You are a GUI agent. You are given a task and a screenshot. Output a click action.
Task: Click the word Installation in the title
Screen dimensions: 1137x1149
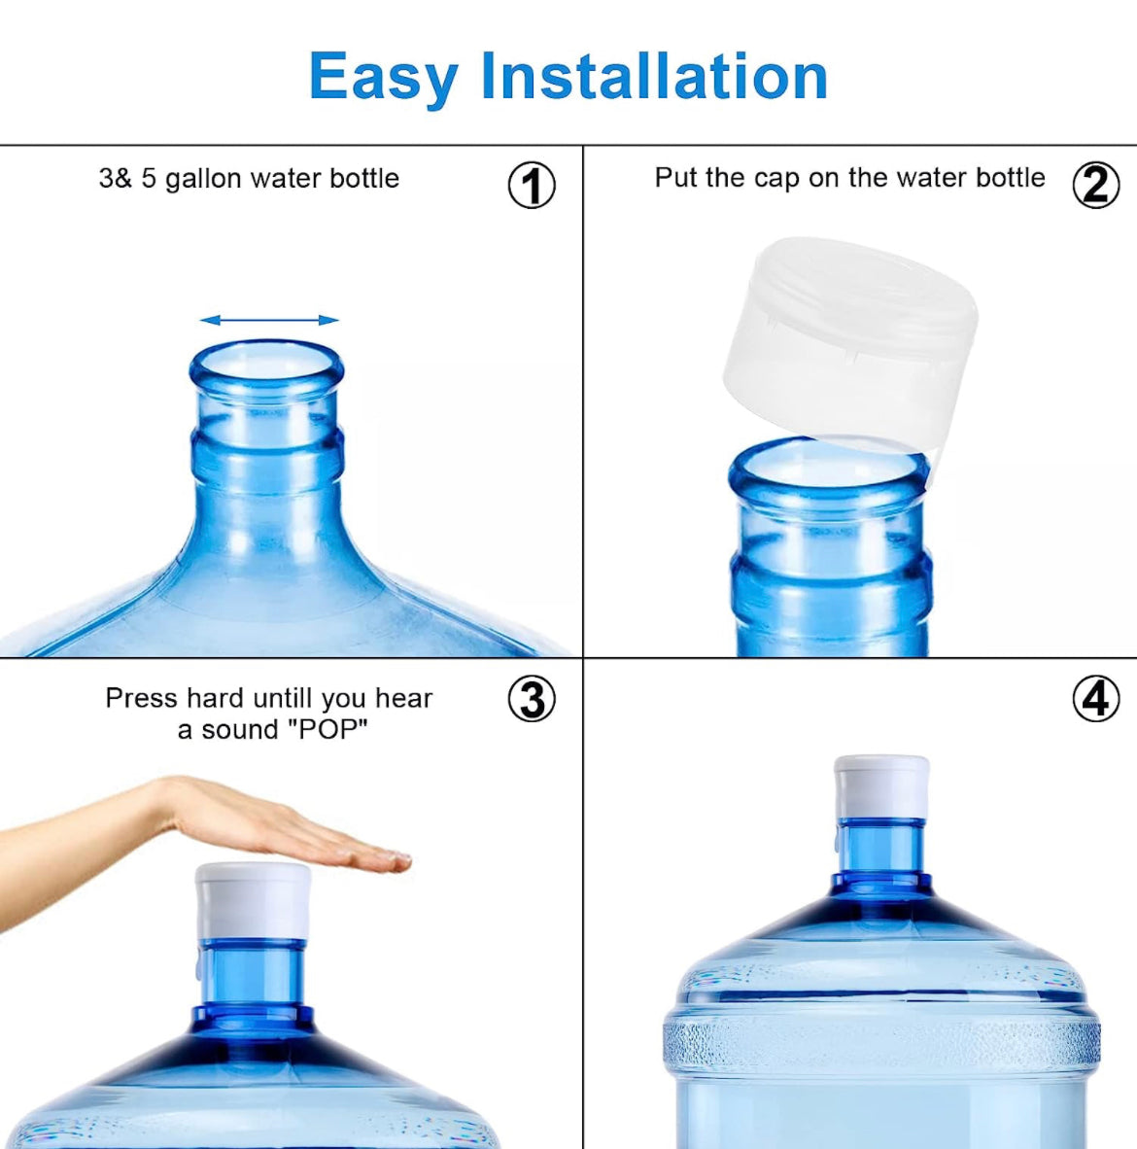tap(654, 75)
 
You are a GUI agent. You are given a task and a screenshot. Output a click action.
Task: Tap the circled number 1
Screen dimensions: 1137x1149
tap(532, 185)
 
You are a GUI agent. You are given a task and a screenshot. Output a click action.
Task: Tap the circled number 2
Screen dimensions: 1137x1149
tap(1096, 185)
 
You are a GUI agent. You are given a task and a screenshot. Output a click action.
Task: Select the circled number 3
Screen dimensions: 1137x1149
tap(532, 698)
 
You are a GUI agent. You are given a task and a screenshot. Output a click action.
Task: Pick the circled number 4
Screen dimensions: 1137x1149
tap(1096, 698)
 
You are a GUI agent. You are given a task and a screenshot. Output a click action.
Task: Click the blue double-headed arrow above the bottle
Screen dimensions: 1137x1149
tap(269, 320)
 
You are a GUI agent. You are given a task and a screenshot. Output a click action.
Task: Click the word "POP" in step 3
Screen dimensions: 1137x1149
tap(327, 730)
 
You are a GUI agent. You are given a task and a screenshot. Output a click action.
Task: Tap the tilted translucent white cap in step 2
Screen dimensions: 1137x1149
tap(849, 344)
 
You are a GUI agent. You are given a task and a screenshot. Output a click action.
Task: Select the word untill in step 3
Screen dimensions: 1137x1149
tap(282, 698)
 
